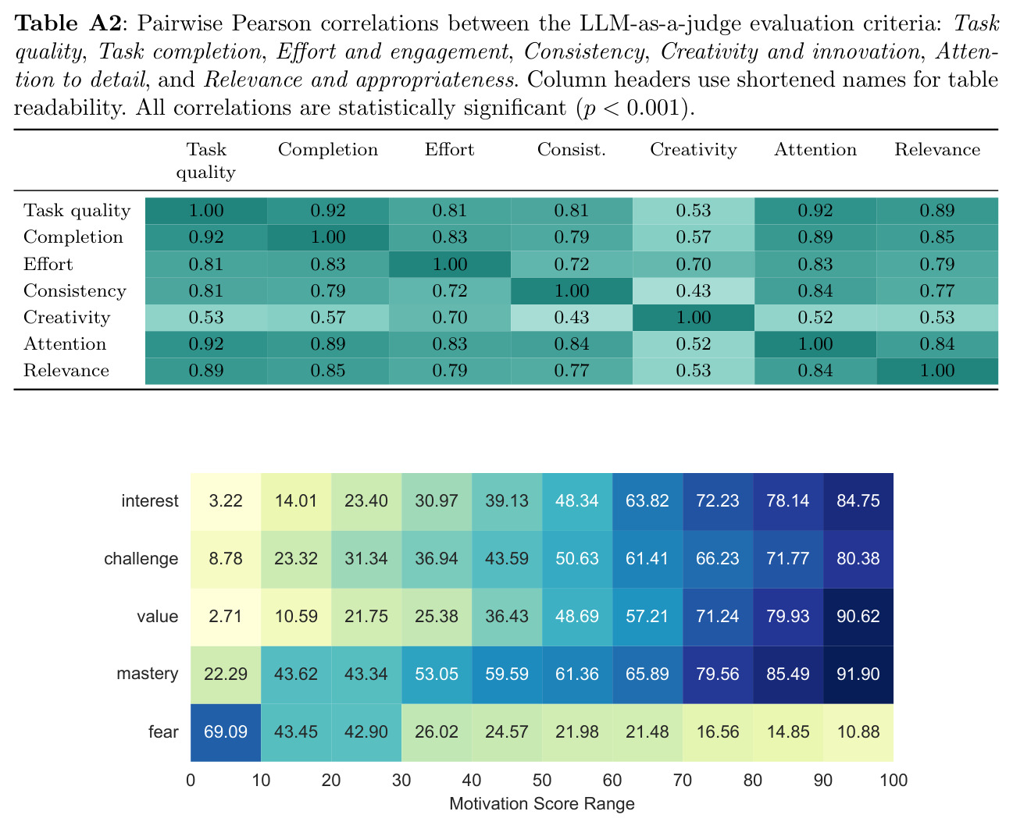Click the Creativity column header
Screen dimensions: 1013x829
coord(693,150)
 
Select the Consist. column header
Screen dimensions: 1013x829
coord(571,149)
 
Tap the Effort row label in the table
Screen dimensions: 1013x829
coord(48,264)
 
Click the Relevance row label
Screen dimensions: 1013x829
coord(66,370)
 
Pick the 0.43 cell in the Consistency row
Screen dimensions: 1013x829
coord(693,290)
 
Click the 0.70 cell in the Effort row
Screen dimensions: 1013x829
coord(693,264)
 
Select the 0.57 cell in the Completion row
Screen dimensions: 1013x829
coord(693,237)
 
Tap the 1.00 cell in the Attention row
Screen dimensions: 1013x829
coord(815,344)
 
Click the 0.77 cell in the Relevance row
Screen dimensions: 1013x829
coord(571,371)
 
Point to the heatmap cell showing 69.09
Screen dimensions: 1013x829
coord(226,732)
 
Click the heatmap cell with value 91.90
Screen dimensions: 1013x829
coord(858,674)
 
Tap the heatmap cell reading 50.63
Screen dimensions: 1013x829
coord(577,559)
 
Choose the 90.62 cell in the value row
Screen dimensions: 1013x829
coord(858,617)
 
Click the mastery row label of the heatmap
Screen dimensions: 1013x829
coord(148,674)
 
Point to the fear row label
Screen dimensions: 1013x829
coord(163,731)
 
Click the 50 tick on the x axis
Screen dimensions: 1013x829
coord(542,781)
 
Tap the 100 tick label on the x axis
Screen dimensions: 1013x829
coord(894,781)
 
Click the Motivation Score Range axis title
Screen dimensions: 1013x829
coord(542,804)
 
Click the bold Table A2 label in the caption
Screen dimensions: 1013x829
coord(68,23)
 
